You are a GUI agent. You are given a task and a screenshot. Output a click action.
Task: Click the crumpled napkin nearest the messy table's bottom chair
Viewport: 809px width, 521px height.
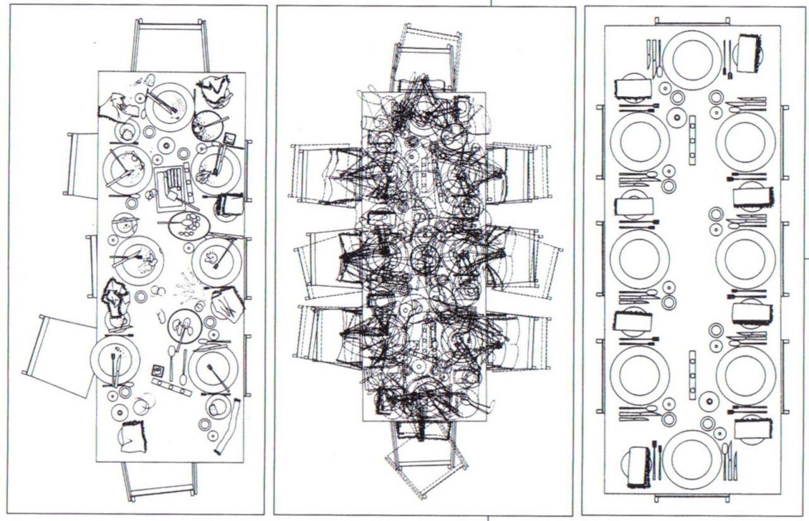[133, 436]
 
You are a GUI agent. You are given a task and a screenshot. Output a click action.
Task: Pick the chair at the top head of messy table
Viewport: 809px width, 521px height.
[169, 44]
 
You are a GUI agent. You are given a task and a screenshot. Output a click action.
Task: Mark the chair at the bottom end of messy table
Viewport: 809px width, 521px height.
[160, 479]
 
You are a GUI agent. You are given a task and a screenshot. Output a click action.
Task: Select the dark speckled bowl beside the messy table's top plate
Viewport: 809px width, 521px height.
[207, 124]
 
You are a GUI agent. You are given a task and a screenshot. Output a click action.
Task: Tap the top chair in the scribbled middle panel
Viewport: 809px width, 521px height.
[425, 54]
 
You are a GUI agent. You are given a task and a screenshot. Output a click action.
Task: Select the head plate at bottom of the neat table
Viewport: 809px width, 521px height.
[692, 459]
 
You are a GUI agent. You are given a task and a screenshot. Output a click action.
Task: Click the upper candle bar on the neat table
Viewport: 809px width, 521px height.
[693, 140]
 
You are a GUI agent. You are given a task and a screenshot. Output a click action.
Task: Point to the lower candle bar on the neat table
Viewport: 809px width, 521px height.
[693, 375]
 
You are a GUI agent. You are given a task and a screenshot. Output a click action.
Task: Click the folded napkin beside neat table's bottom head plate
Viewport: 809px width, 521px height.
[638, 467]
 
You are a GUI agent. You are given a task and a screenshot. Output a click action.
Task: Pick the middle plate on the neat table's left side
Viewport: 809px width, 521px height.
[639, 259]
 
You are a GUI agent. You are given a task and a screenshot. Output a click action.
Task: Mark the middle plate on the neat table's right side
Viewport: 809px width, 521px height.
[746, 259]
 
